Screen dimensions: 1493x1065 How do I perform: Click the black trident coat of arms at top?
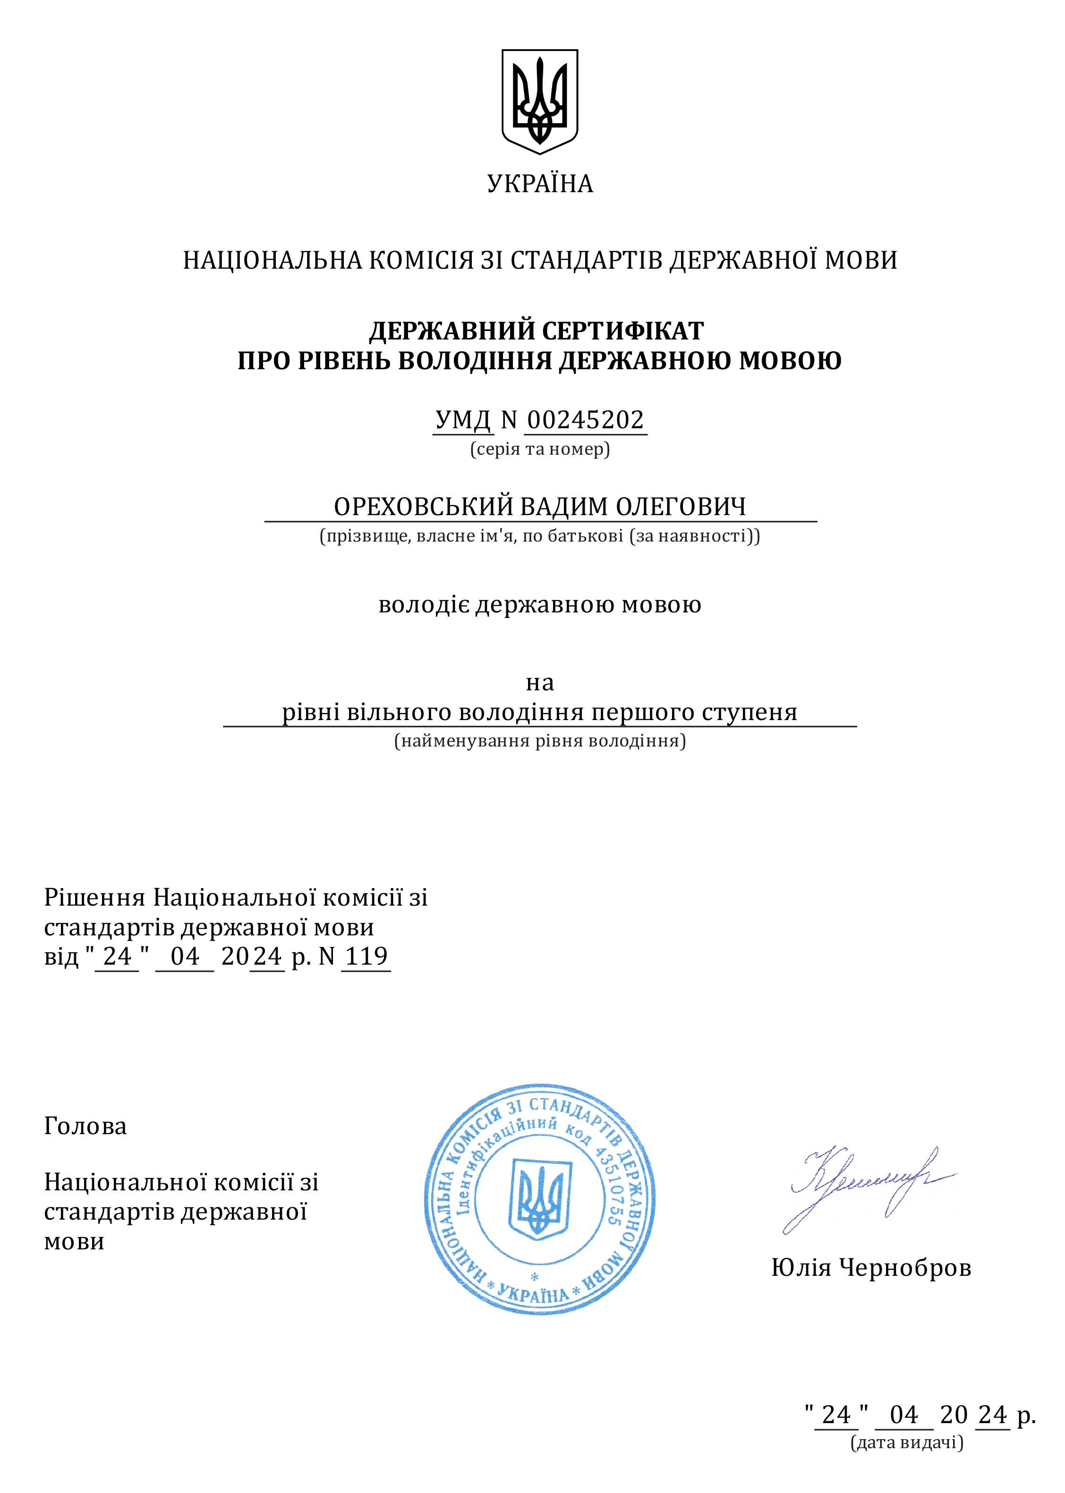[540, 101]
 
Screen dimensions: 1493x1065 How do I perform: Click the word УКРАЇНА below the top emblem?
[540, 184]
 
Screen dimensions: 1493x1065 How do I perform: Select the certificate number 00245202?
[585, 420]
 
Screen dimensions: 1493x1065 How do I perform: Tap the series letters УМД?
[463, 420]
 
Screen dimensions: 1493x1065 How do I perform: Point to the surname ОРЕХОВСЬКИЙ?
[423, 507]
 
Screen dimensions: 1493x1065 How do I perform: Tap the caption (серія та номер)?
[540, 449]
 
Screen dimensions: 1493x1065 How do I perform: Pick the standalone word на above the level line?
[540, 683]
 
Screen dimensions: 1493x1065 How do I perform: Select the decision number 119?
[366, 957]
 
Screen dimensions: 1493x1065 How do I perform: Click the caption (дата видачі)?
[907, 1442]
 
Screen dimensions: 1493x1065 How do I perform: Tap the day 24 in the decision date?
[118, 957]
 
